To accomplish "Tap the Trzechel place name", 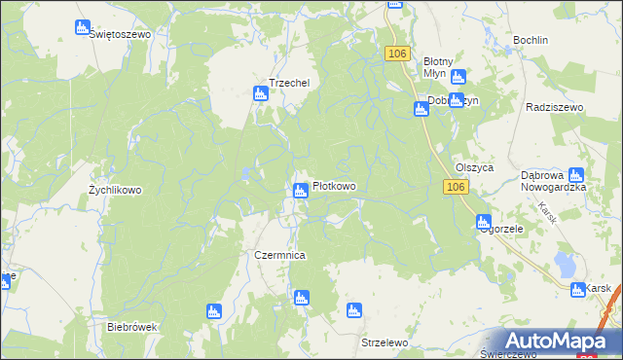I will [289, 84].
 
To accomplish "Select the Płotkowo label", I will [333, 187].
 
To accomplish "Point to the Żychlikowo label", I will [115, 191].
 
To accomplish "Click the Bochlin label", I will [531, 41].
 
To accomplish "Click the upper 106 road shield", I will [394, 54].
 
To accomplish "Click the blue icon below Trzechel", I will [260, 94].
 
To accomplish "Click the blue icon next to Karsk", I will [576, 288].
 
